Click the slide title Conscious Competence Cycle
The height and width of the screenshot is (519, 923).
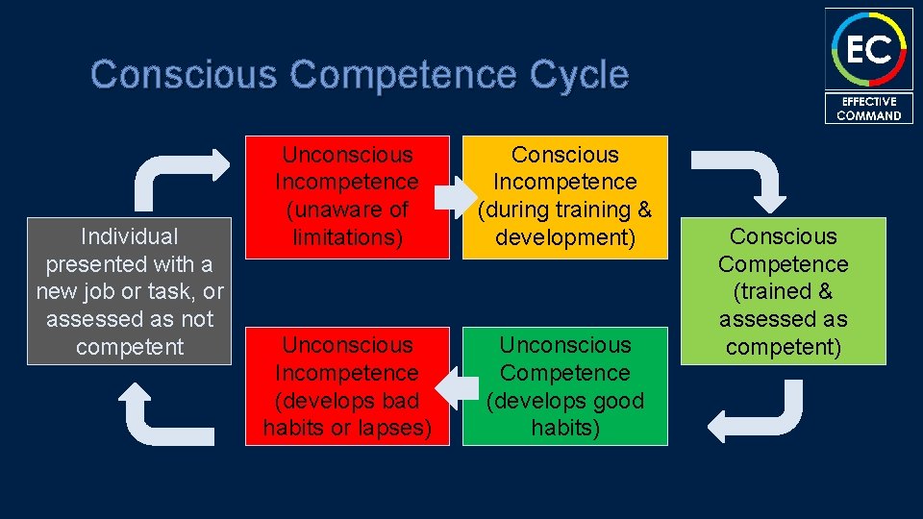(x=360, y=74)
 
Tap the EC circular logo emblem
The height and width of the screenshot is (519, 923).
(x=868, y=48)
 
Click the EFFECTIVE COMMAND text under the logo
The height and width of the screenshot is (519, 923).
(x=868, y=109)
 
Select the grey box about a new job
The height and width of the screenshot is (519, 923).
(x=130, y=291)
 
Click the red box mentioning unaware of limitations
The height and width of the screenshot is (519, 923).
(x=347, y=197)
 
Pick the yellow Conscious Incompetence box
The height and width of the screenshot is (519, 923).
(x=564, y=197)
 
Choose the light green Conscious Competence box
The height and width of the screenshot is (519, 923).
(x=783, y=291)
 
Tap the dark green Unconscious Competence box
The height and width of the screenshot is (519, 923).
(x=564, y=386)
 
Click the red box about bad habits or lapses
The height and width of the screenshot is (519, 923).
(x=347, y=386)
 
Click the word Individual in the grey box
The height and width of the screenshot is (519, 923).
(x=130, y=236)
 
